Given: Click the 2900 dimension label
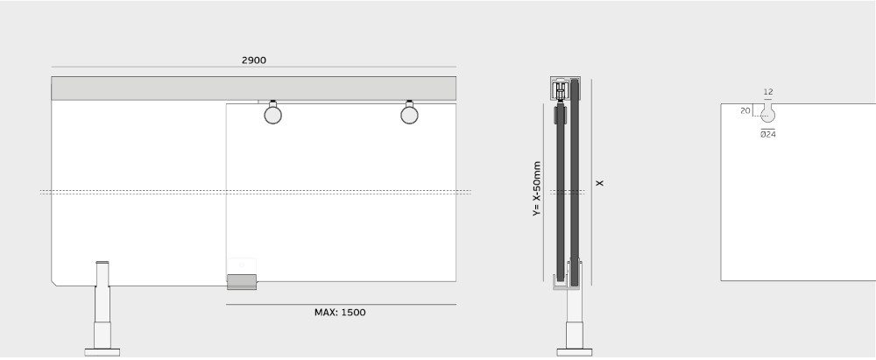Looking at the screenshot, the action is (254, 60).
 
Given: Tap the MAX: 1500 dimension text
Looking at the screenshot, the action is (340, 313).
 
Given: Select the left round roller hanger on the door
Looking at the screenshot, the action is (272, 115).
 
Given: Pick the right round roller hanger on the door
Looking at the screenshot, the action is (409, 115).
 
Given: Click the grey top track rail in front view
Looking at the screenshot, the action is (254, 88).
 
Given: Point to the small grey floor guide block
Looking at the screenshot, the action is (242, 282).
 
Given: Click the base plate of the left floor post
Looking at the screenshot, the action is (102, 352).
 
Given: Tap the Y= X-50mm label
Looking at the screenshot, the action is (537, 189).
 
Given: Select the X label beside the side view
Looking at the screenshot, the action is (600, 183).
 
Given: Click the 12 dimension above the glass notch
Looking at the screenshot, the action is (768, 92).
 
